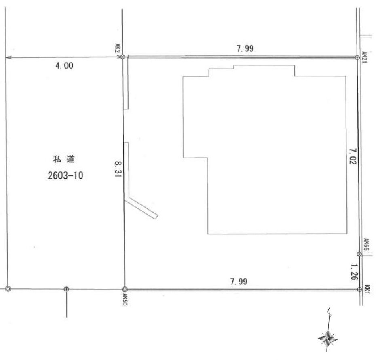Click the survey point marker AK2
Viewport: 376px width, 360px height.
click(122, 57)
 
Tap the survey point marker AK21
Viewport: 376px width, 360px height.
click(357, 57)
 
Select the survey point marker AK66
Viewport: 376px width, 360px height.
click(359, 254)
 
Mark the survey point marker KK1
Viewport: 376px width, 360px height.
click(359, 289)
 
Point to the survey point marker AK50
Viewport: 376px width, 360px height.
click(125, 289)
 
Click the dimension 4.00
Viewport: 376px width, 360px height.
click(64, 66)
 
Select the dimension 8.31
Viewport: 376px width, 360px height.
click(118, 169)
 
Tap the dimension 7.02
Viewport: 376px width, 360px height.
click(353, 156)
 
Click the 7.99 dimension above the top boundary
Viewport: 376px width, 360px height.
click(245, 48)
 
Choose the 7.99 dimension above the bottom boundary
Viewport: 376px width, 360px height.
click(239, 281)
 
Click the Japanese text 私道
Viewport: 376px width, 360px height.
click(64, 159)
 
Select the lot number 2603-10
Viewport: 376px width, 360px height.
click(65, 176)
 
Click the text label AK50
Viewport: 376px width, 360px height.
click(125, 299)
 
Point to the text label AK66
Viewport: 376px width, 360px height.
click(366, 244)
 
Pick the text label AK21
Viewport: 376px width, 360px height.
click(364, 57)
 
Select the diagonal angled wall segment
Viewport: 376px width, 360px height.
click(142, 208)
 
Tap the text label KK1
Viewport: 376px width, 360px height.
click(368, 289)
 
